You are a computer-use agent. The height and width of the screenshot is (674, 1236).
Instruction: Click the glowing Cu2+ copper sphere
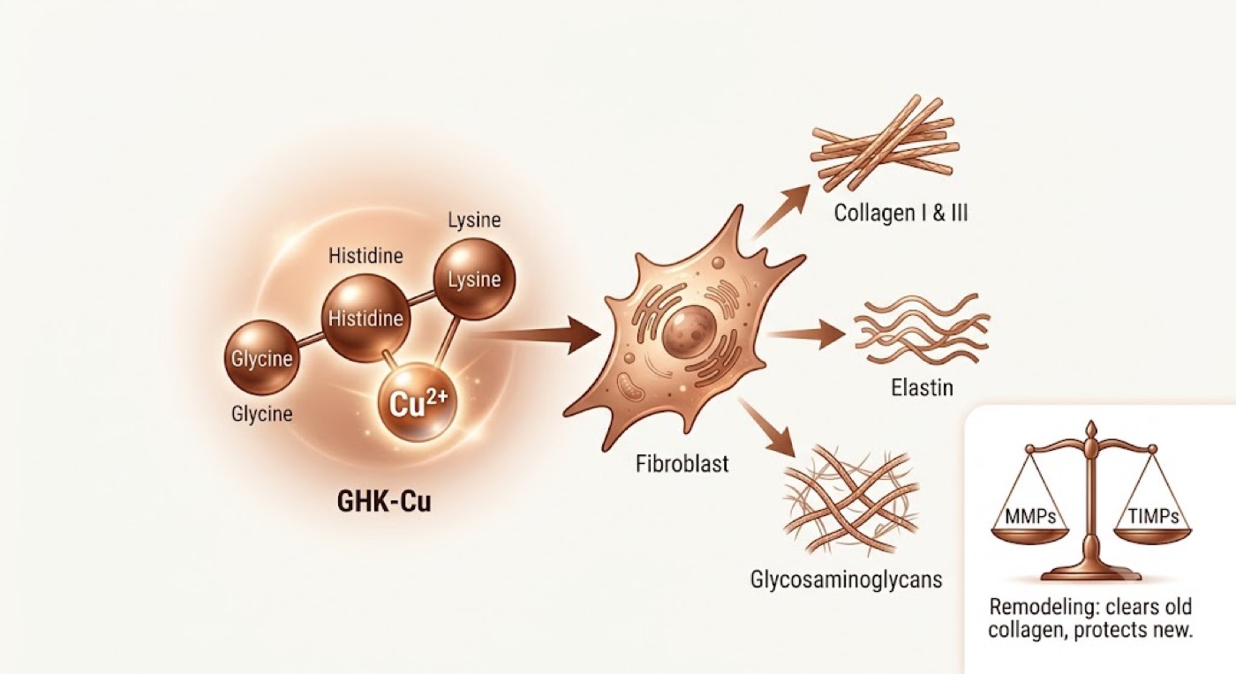[x=417, y=402]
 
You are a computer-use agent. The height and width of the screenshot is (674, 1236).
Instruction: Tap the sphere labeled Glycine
[x=261, y=357]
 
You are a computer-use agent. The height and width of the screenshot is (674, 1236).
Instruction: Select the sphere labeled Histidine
[x=366, y=318]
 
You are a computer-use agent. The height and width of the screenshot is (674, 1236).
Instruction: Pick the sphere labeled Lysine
[x=475, y=279]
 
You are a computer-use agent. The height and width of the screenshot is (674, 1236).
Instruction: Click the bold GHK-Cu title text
[x=384, y=502]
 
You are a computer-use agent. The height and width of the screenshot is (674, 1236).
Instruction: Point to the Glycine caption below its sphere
[x=261, y=414]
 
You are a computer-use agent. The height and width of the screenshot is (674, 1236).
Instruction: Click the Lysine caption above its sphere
[x=475, y=220]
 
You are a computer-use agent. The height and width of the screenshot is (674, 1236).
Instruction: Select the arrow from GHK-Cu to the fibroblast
[x=538, y=334]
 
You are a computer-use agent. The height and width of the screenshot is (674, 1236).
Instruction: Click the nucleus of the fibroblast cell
[x=690, y=333]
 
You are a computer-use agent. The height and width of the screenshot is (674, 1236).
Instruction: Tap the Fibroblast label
[x=682, y=464]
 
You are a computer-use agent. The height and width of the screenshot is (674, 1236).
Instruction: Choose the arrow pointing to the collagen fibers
[x=780, y=211]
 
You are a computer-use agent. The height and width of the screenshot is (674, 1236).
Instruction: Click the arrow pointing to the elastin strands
[x=806, y=334]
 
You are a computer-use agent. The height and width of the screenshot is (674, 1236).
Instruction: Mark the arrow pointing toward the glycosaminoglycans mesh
[x=766, y=428]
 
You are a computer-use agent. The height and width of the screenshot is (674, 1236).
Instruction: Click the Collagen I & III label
[x=901, y=213]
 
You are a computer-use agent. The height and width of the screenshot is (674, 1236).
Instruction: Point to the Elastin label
[x=922, y=388]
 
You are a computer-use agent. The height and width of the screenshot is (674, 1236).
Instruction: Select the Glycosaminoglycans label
[x=846, y=580]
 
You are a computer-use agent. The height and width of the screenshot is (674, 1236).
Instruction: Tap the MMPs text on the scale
[x=1030, y=517]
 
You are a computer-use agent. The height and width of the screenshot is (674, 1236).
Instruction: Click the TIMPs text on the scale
[x=1153, y=517]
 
